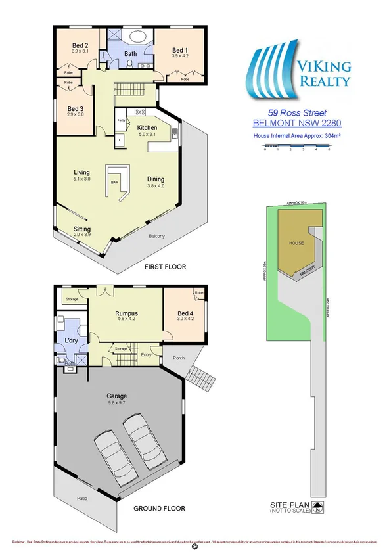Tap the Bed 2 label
tap(80, 45)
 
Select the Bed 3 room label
tap(76, 108)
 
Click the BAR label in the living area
tap(114, 182)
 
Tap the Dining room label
tap(156, 179)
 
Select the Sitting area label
tap(82, 229)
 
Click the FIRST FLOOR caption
tap(166, 267)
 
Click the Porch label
tap(178, 358)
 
